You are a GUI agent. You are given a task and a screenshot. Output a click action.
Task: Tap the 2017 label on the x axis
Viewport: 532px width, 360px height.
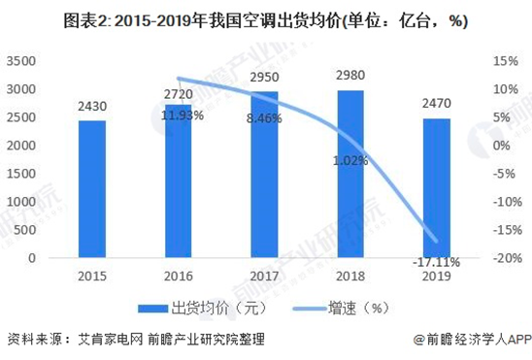264,275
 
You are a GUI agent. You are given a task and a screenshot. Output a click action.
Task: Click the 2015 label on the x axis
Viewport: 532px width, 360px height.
92,275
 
